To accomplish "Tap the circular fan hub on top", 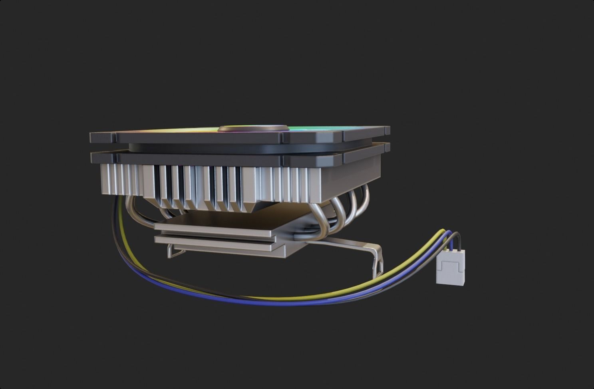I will coord(253,129).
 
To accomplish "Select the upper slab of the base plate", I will coord(216,230).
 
